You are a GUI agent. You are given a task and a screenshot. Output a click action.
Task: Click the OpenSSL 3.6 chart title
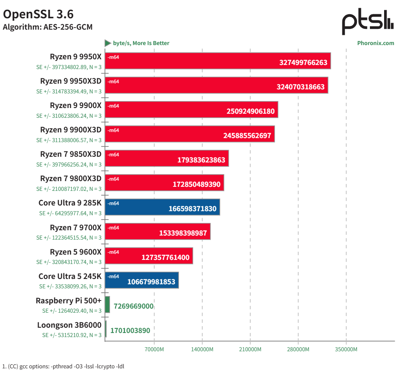(38, 15)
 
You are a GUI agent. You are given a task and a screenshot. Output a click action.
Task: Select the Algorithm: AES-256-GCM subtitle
(47, 28)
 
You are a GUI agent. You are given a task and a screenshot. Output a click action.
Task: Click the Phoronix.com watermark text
(376, 43)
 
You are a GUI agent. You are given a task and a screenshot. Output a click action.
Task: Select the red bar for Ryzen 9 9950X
(218, 61)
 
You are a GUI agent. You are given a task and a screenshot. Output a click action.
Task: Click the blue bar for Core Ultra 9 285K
(162, 207)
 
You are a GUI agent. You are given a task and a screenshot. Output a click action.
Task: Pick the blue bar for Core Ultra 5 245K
(142, 280)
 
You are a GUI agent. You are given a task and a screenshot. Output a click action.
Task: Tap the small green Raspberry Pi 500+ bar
(107, 305)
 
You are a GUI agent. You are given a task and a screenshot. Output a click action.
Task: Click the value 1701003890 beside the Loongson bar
(130, 331)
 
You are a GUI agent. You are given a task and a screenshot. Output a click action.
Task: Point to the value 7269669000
(133, 306)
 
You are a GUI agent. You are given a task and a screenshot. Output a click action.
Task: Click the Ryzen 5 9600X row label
(76, 252)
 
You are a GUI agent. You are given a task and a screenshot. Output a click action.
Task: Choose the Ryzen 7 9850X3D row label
(71, 154)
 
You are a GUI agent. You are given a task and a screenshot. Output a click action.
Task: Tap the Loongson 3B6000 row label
(69, 325)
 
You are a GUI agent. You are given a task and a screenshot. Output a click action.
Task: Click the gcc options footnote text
(63, 366)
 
